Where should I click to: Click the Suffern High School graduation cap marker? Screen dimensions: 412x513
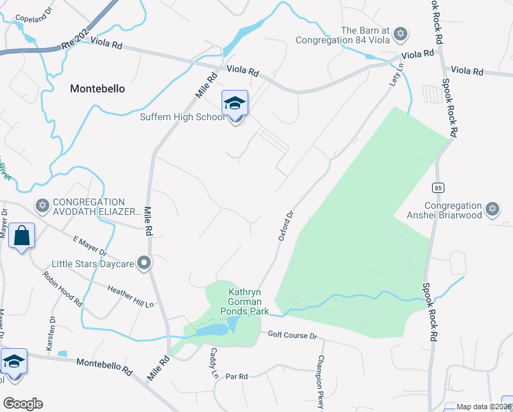pyautogui.click(x=235, y=104)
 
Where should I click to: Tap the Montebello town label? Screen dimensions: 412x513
pyautogui.click(x=97, y=89)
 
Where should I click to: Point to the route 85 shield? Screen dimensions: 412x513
pyautogui.click(x=438, y=187)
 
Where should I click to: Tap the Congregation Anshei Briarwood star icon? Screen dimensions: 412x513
pyautogui.click(x=492, y=209)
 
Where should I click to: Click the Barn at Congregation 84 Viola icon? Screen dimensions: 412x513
pyautogui.click(x=400, y=34)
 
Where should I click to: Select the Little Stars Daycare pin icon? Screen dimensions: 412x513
pyautogui.click(x=143, y=263)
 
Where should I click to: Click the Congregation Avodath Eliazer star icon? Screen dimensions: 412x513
pyautogui.click(x=42, y=205)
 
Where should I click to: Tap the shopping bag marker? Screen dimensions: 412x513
pyautogui.click(x=21, y=236)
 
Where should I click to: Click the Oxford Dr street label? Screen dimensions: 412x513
pyautogui.click(x=286, y=225)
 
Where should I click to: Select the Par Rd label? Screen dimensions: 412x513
pyautogui.click(x=236, y=376)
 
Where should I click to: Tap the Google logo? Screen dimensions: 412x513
pyautogui.click(x=23, y=404)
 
